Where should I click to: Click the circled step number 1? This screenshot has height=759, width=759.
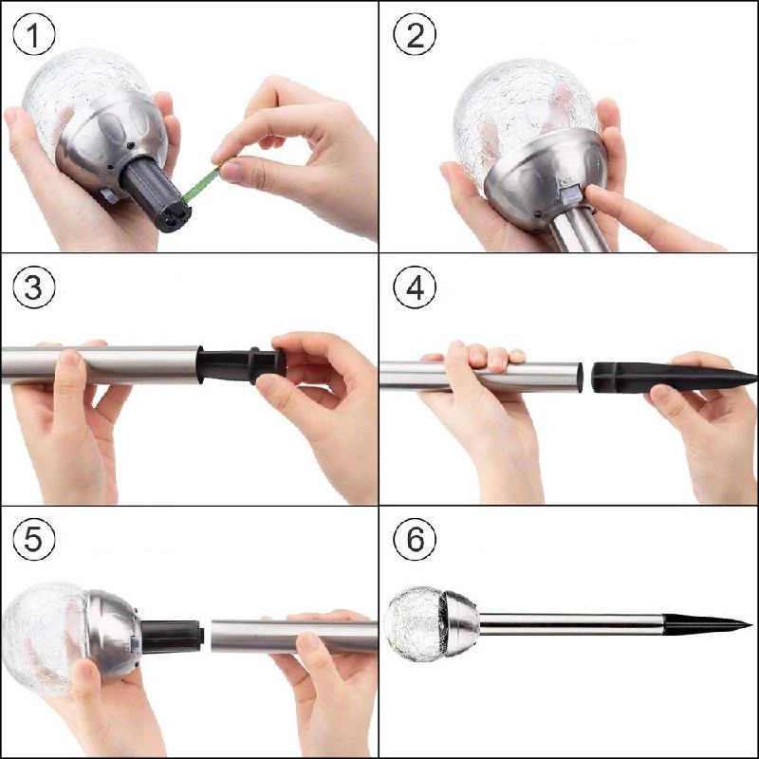click(34, 35)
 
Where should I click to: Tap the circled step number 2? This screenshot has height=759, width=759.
click(415, 35)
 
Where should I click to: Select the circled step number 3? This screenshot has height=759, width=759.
click(34, 287)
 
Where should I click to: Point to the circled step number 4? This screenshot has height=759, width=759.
click(415, 287)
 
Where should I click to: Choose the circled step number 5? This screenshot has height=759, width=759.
click(34, 539)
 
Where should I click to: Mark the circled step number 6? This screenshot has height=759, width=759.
click(415, 539)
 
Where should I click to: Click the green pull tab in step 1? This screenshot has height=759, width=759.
click(202, 181)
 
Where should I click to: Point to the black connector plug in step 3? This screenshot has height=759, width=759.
click(241, 365)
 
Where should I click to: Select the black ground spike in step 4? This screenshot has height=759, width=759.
click(674, 378)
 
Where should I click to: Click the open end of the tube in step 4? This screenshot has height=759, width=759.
click(579, 377)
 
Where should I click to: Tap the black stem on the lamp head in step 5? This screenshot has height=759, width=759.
click(172, 636)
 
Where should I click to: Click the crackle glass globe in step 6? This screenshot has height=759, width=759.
click(416, 623)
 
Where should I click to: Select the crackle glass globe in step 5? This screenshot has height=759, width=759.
click(46, 638)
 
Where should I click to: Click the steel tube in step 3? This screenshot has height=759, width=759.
click(101, 365)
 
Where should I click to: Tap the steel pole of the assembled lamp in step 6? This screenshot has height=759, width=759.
click(571, 624)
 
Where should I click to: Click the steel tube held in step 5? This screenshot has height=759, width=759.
click(294, 636)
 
